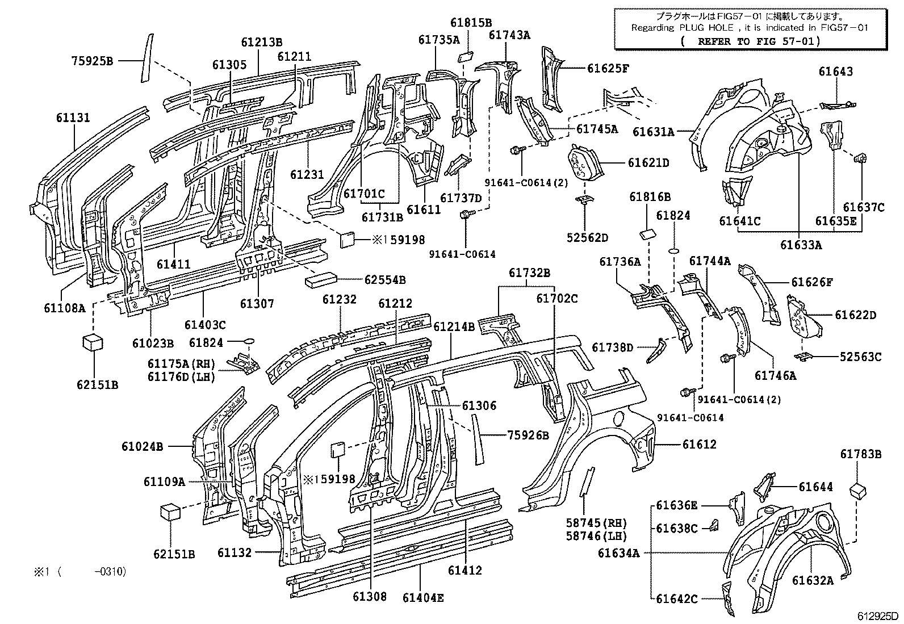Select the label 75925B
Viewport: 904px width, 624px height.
click(93, 61)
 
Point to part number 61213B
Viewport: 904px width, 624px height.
click(261, 41)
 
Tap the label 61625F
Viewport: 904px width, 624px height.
click(608, 69)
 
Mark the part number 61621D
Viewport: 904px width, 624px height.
click(648, 163)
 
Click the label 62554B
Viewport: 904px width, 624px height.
click(385, 279)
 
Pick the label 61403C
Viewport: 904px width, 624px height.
click(205, 325)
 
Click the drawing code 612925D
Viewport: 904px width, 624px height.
click(878, 616)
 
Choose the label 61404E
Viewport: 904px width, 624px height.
click(423, 597)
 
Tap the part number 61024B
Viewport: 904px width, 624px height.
click(142, 446)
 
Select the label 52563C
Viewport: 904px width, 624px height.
click(860, 357)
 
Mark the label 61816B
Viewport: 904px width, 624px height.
click(650, 197)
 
